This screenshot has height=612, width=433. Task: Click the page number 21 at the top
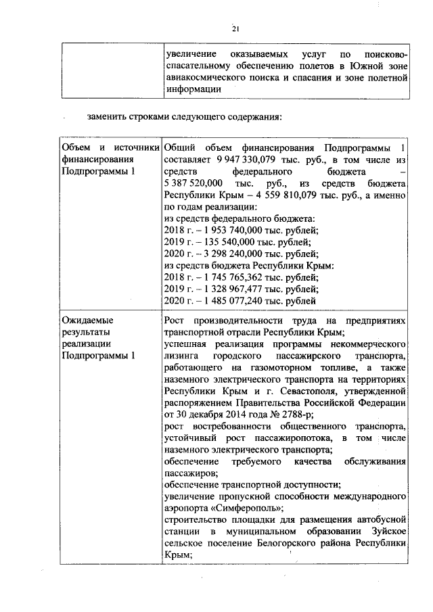pyautogui.click(x=235, y=28)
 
